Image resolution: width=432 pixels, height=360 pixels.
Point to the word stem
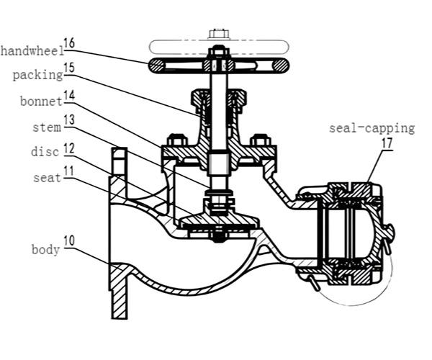coord(45,127)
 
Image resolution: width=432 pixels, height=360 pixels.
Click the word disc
coord(45,152)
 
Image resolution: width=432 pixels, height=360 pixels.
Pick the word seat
coord(45,177)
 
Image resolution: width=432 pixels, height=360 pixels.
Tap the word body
coord(45,250)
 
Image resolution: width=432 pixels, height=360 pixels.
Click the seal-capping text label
coord(372,128)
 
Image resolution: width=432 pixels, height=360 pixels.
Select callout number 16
coord(69,43)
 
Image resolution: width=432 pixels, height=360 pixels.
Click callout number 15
coord(69,68)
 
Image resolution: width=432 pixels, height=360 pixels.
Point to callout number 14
coord(69,94)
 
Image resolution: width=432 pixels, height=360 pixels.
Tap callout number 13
coord(69,120)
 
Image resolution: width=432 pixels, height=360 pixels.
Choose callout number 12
coord(69,146)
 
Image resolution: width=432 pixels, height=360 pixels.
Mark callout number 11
coord(69,171)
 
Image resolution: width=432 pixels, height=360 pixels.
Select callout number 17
coord(388,144)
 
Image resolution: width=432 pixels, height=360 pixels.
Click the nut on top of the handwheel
coord(218,52)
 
